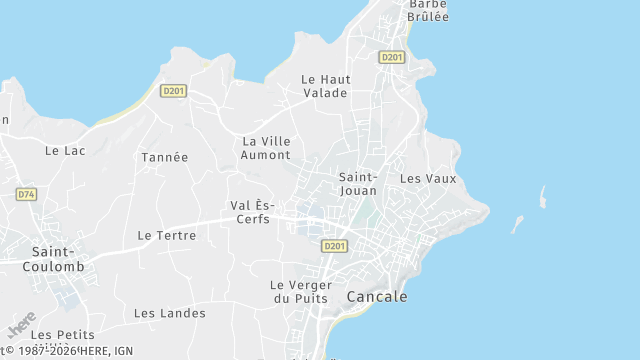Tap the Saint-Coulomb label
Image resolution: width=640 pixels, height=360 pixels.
point(57,259)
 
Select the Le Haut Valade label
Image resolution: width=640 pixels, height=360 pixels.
point(324,86)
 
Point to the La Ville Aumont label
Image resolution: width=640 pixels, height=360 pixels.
point(266,148)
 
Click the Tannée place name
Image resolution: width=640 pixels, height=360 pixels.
point(164,157)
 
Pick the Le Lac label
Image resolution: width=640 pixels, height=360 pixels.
point(65,150)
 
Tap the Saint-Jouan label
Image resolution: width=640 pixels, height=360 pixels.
point(358,183)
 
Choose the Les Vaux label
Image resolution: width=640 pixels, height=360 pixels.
point(427,178)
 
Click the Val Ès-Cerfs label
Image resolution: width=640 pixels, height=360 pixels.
point(251,212)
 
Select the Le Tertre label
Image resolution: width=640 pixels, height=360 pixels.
point(166,235)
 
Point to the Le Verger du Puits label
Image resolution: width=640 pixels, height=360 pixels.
point(301,291)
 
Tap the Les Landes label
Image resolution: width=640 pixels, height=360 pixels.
point(170,313)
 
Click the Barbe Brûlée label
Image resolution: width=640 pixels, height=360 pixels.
point(427,10)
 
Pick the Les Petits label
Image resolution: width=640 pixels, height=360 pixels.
point(62,334)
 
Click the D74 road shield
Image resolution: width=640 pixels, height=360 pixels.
point(26,194)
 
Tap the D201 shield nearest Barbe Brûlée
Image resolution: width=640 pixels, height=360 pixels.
point(391,57)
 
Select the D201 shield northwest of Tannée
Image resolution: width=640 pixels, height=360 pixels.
point(173,91)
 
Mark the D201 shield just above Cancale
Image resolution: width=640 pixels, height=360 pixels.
point(334,246)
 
